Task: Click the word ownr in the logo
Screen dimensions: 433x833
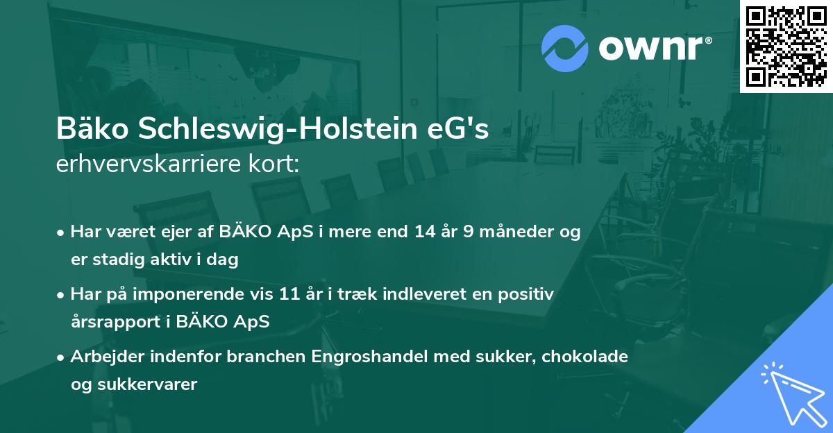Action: click(650, 49)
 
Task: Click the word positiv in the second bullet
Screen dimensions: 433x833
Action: click(528, 294)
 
